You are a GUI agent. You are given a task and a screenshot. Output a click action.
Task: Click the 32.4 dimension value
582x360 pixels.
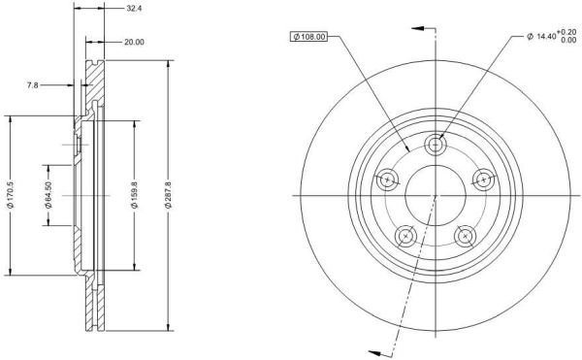coord(134,9)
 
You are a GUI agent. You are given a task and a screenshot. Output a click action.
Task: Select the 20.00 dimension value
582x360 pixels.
coord(134,43)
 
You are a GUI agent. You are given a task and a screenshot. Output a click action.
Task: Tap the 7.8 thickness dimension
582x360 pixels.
coord(33,85)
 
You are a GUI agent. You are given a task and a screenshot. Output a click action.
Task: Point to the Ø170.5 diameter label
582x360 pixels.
coord(10,195)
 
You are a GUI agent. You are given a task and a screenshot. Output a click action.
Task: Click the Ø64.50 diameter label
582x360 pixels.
coord(48,195)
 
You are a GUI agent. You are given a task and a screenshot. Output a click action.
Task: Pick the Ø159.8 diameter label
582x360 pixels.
coord(135,195)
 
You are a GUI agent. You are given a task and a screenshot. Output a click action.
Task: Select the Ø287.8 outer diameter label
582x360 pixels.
coord(169,195)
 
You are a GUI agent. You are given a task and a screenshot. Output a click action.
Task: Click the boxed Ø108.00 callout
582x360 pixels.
coord(308,36)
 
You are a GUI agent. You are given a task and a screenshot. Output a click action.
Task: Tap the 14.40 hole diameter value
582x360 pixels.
coord(547,36)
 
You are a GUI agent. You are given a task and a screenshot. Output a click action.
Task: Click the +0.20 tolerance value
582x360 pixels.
coord(566,32)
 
